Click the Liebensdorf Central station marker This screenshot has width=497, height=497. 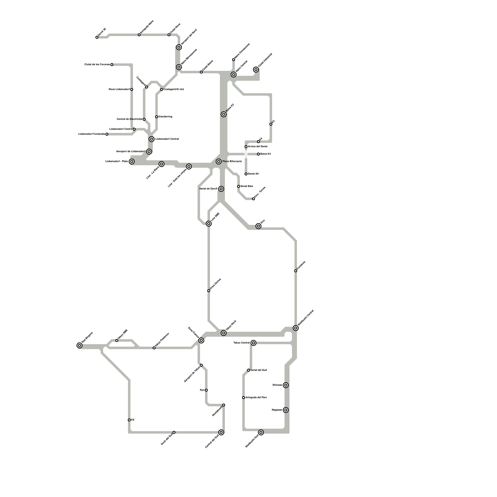[152, 139]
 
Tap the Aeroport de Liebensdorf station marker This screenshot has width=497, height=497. [149, 152]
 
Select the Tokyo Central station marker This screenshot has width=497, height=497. [253, 343]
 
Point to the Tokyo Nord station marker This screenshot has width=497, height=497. [224, 333]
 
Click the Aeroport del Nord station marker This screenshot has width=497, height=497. [179, 47]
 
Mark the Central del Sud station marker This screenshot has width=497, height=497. [221, 432]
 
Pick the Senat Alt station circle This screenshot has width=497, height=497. [246, 174]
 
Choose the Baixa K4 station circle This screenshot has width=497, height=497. [258, 154]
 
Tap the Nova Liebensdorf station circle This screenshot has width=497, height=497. [132, 89]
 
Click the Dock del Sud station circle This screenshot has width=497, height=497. [174, 432]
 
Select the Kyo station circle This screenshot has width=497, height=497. [206, 390]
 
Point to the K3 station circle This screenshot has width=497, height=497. [271, 124]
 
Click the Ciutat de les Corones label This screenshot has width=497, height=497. [97, 65]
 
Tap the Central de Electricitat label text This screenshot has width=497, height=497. [129, 119]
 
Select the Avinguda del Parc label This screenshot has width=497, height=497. [256, 398]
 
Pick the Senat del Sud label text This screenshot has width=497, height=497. [258, 370]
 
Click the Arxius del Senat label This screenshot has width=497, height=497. [258, 146]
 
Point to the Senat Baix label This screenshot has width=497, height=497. [247, 186]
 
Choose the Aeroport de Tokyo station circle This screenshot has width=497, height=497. [201, 365]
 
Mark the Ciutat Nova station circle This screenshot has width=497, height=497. [169, 35]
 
